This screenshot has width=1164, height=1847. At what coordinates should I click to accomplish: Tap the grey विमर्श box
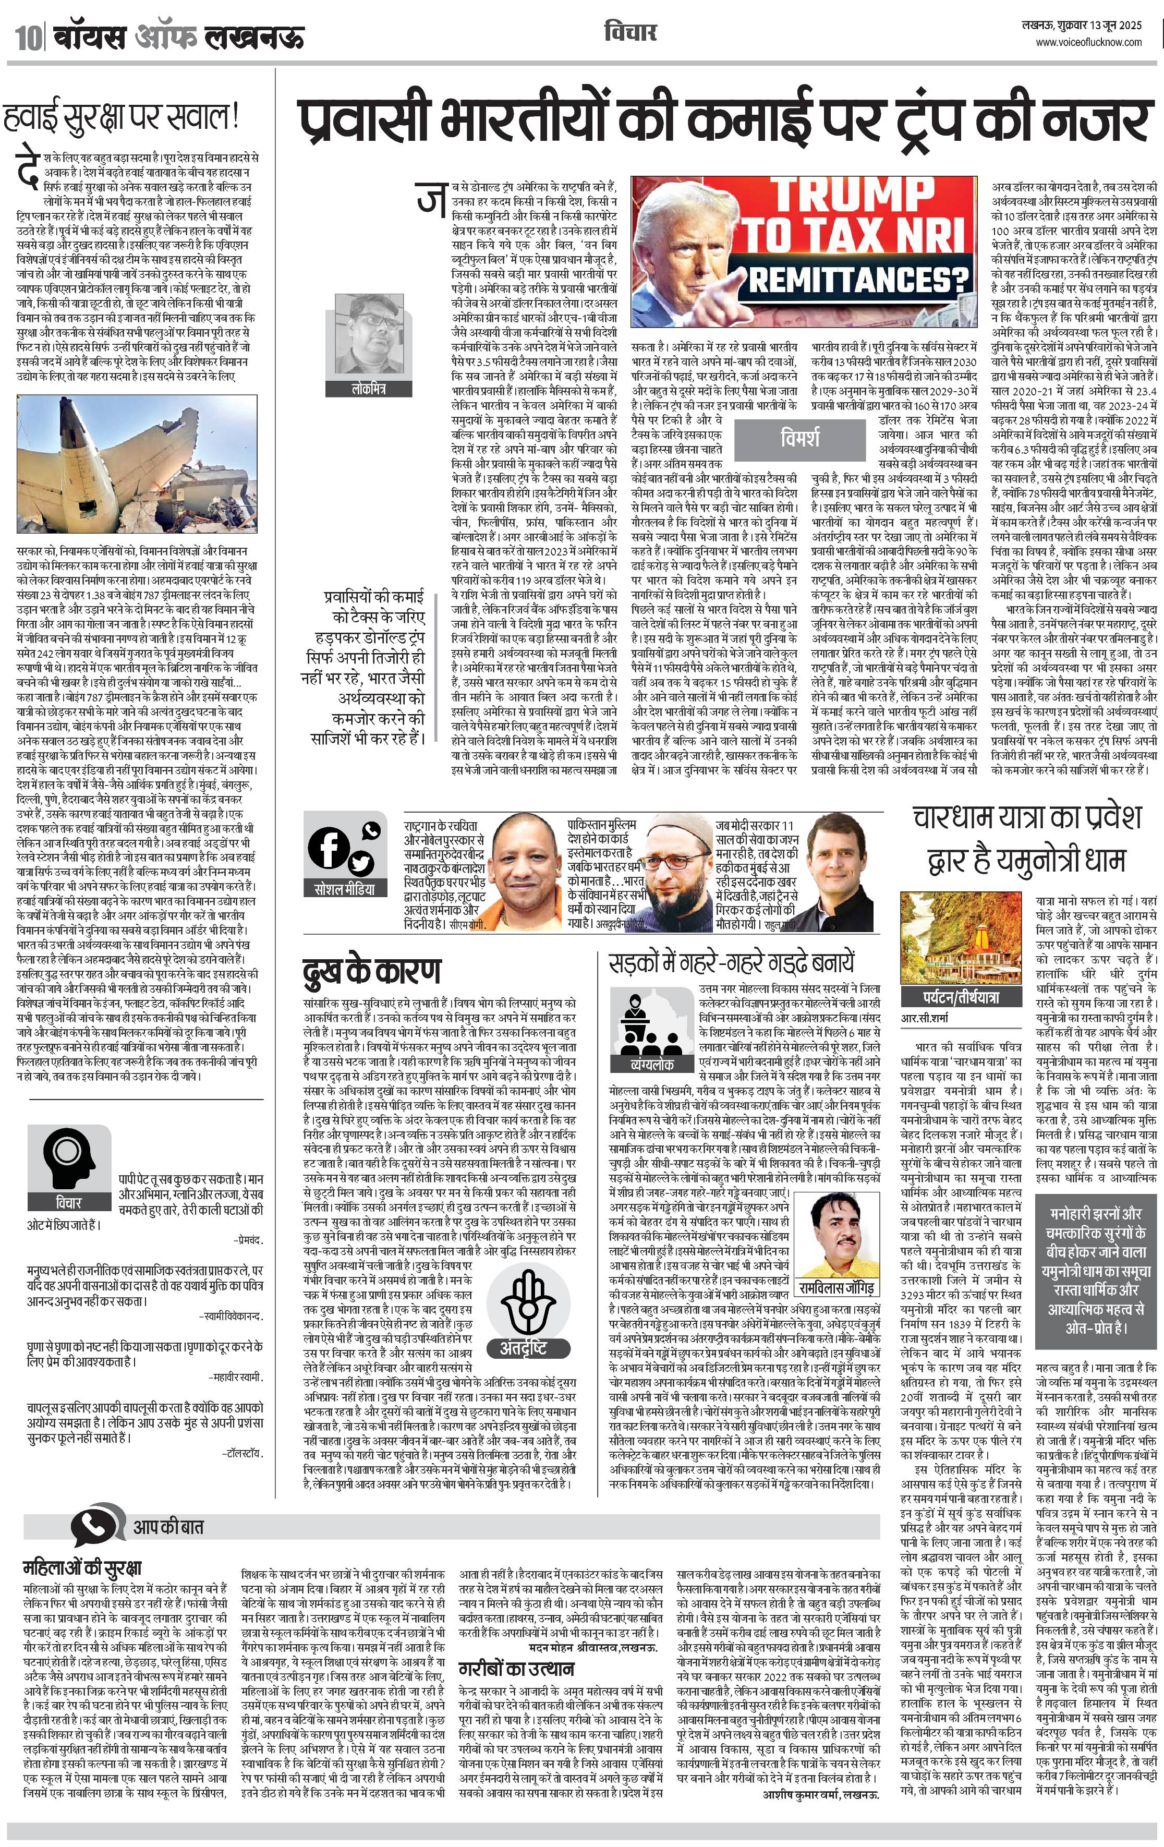[801, 439]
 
